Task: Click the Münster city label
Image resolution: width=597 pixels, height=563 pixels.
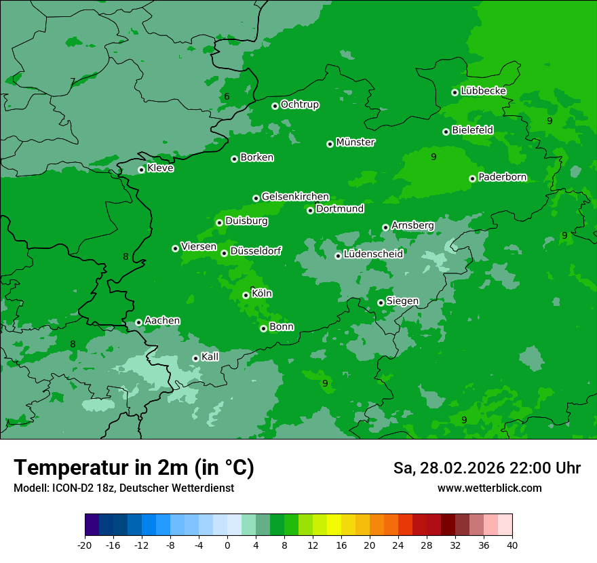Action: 355,142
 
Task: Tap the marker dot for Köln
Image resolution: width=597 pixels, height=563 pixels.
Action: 246,295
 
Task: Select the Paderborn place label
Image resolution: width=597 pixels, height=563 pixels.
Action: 502,177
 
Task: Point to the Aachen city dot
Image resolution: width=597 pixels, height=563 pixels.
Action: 138,322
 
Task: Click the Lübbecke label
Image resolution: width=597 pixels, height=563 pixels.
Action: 483,91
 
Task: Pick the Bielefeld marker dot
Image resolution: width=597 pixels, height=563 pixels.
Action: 446,132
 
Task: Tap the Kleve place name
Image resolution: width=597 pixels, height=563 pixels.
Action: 160,168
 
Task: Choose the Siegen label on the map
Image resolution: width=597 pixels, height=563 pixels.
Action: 402,300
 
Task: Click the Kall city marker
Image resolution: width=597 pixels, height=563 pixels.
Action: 195,358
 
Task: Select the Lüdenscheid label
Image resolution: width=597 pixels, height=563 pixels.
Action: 373,254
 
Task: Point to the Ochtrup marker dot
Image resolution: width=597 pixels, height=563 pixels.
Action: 275,106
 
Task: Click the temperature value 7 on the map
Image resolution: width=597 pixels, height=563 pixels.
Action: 73,82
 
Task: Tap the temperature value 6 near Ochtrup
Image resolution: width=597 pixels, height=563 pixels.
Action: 227,97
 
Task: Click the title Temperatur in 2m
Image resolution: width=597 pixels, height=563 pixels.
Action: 134,468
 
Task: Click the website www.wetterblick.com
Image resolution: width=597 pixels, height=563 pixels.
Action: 489,488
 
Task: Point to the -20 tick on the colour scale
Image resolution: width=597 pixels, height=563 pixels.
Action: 85,545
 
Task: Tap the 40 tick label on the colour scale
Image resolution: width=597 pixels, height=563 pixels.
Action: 512,545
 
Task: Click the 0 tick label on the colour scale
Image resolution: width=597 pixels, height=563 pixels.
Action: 227,545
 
